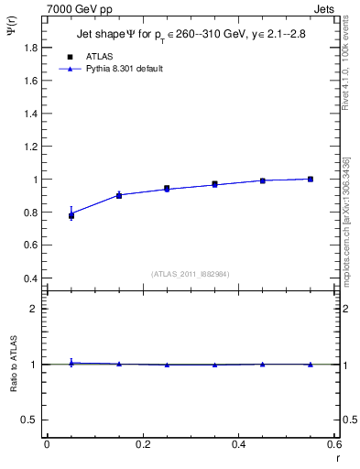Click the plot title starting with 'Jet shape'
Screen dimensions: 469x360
191,36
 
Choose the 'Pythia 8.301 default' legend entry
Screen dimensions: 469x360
110,68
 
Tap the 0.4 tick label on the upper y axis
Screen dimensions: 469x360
32,278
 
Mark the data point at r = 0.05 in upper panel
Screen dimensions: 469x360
71,216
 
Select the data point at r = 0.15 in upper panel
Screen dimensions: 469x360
119,195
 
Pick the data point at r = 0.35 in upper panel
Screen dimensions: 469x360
215,184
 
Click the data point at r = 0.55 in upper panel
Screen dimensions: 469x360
311,179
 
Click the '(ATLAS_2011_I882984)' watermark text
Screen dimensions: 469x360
191,274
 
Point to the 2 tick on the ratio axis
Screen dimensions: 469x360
34,310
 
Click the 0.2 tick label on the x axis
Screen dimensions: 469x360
142,444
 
